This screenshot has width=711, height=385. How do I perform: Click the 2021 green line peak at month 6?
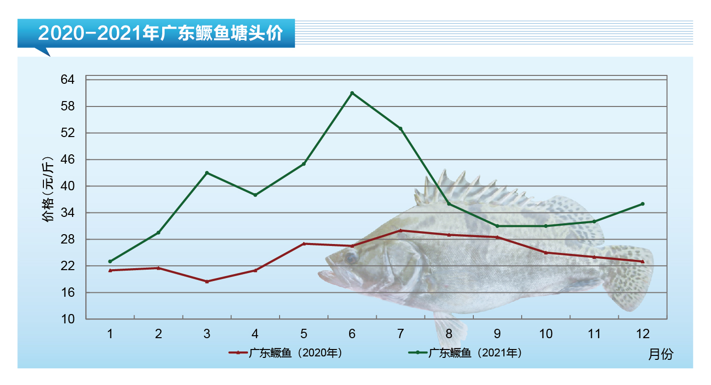(352, 93)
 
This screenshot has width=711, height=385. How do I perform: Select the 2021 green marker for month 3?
(207, 173)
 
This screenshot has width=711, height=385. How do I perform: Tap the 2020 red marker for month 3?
(207, 281)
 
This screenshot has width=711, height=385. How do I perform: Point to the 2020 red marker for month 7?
(400, 230)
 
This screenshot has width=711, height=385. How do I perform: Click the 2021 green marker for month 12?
(642, 204)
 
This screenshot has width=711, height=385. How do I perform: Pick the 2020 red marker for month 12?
(642, 261)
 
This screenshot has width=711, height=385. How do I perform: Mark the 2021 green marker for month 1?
(110, 261)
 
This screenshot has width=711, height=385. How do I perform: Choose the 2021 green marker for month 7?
(400, 129)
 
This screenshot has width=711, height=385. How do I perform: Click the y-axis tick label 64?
(68, 80)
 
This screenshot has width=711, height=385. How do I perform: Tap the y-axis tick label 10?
(68, 319)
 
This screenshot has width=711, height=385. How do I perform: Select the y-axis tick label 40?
(68, 186)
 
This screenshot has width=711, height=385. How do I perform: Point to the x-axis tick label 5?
(304, 334)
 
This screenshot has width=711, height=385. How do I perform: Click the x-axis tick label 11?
(594, 334)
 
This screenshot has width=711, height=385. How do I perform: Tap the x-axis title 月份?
(660, 354)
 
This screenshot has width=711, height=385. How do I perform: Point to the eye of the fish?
(351, 257)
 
